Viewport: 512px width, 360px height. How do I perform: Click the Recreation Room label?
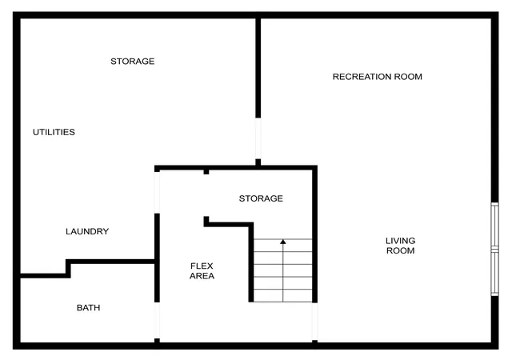(377, 77)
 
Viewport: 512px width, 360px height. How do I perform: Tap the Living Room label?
(400, 246)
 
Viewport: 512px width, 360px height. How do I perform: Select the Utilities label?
(54, 132)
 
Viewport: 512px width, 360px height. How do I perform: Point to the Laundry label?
(87, 231)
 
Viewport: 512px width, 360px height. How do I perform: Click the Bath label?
(89, 308)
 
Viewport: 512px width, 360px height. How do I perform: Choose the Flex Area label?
(202, 271)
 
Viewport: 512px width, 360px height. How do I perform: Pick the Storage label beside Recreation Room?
(133, 61)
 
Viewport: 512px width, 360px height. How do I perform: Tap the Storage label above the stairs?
(261, 198)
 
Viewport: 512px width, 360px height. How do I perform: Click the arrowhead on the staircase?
(283, 242)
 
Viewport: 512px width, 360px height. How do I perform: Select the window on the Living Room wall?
(495, 250)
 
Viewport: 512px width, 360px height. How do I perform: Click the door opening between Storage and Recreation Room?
(258, 138)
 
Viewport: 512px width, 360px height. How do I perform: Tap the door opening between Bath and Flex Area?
(157, 321)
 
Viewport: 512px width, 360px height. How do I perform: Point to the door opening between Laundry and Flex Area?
(157, 193)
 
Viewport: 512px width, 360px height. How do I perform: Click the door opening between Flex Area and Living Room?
(314, 322)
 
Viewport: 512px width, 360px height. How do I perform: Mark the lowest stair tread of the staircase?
(283, 296)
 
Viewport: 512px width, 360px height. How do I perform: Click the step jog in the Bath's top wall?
(68, 269)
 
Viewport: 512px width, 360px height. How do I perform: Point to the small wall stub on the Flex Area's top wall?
(206, 172)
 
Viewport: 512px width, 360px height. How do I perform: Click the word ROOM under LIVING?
(400, 250)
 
